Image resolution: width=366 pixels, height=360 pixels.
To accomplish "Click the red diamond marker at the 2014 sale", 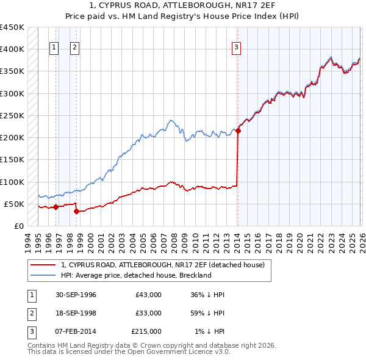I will (x=238, y=131).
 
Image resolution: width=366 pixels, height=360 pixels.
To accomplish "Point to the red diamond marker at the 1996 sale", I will (x=56, y=207).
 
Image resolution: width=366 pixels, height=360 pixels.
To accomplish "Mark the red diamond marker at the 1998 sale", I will (x=76, y=212).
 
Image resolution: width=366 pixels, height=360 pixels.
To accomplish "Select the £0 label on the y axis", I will (x=18, y=226).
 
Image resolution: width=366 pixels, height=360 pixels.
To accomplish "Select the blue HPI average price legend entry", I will (x=136, y=275).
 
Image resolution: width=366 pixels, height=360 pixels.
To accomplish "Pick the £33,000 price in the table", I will (x=148, y=313).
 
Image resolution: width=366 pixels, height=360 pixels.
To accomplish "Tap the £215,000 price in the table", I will (x=146, y=331).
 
